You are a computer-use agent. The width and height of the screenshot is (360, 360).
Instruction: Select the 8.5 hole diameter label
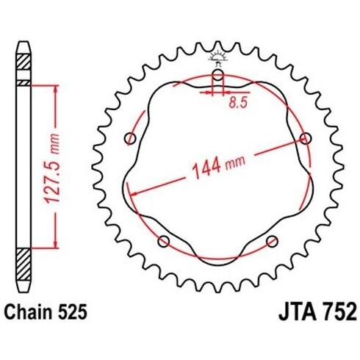[239, 103]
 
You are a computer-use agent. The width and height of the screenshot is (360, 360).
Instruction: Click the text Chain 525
[46, 312]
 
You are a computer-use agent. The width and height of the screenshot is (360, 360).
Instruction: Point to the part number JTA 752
[317, 312]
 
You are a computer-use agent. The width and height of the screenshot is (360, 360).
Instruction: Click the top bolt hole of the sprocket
[217, 75]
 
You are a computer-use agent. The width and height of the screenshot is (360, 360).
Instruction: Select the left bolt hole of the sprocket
[130, 139]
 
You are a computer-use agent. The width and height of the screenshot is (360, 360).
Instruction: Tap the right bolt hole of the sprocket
[306, 138]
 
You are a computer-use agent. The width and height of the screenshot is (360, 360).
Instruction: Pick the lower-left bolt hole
[164, 242]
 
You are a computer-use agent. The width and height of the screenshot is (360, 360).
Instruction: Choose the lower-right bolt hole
[272, 242]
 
